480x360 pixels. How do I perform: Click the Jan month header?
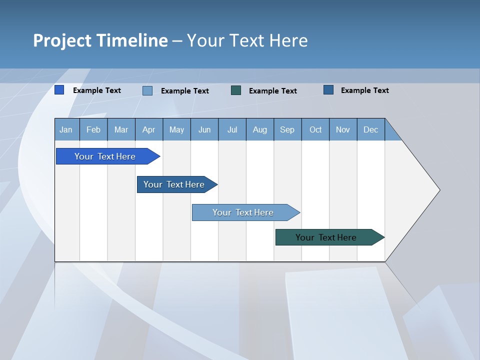[66, 130]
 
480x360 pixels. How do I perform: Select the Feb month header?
[93, 130]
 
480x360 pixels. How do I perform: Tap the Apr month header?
[148, 130]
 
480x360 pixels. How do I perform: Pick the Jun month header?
[204, 130]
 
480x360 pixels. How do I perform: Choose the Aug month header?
[260, 130]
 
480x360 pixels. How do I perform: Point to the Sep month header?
[287, 130]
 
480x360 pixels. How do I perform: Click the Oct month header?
[315, 130]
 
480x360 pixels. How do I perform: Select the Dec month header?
[370, 130]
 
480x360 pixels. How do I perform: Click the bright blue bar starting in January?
[105, 156]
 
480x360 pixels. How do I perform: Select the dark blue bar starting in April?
[174, 184]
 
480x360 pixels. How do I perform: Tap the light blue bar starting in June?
[243, 212]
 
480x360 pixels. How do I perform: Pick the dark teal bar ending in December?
[326, 237]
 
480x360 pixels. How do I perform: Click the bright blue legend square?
[59, 90]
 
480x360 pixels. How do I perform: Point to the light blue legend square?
[147, 90]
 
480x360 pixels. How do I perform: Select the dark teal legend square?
[236, 90]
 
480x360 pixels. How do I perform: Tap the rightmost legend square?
[328, 90]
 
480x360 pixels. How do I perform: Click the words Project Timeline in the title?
[100, 40]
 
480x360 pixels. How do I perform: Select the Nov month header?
[343, 130]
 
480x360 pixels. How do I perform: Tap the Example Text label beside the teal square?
[273, 91]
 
